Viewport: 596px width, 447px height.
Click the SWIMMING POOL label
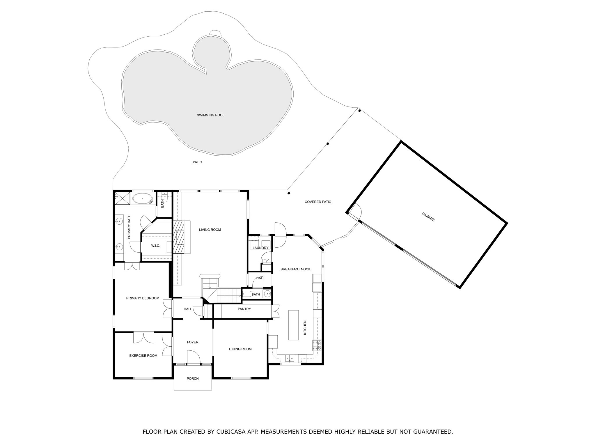[x=210, y=115]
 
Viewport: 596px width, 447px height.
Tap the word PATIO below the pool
[x=197, y=162]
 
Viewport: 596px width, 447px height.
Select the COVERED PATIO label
[x=318, y=202]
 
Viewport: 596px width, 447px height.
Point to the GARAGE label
[x=428, y=217]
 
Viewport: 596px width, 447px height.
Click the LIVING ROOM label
[x=210, y=230]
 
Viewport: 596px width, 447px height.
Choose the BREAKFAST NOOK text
[x=295, y=269]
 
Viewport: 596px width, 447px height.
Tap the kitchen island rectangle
[x=293, y=325]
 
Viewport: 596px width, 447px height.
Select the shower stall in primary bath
[x=122, y=198]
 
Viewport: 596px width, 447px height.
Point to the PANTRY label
[x=244, y=309]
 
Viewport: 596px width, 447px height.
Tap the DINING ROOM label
[x=240, y=349]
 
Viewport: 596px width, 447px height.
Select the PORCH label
[x=193, y=379]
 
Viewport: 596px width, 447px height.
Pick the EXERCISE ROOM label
[x=143, y=356]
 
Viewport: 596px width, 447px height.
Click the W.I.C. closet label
[x=155, y=246]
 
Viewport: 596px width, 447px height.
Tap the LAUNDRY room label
[x=260, y=248]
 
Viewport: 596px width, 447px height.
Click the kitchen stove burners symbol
[x=317, y=345]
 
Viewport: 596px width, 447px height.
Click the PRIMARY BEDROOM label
[x=143, y=298]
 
